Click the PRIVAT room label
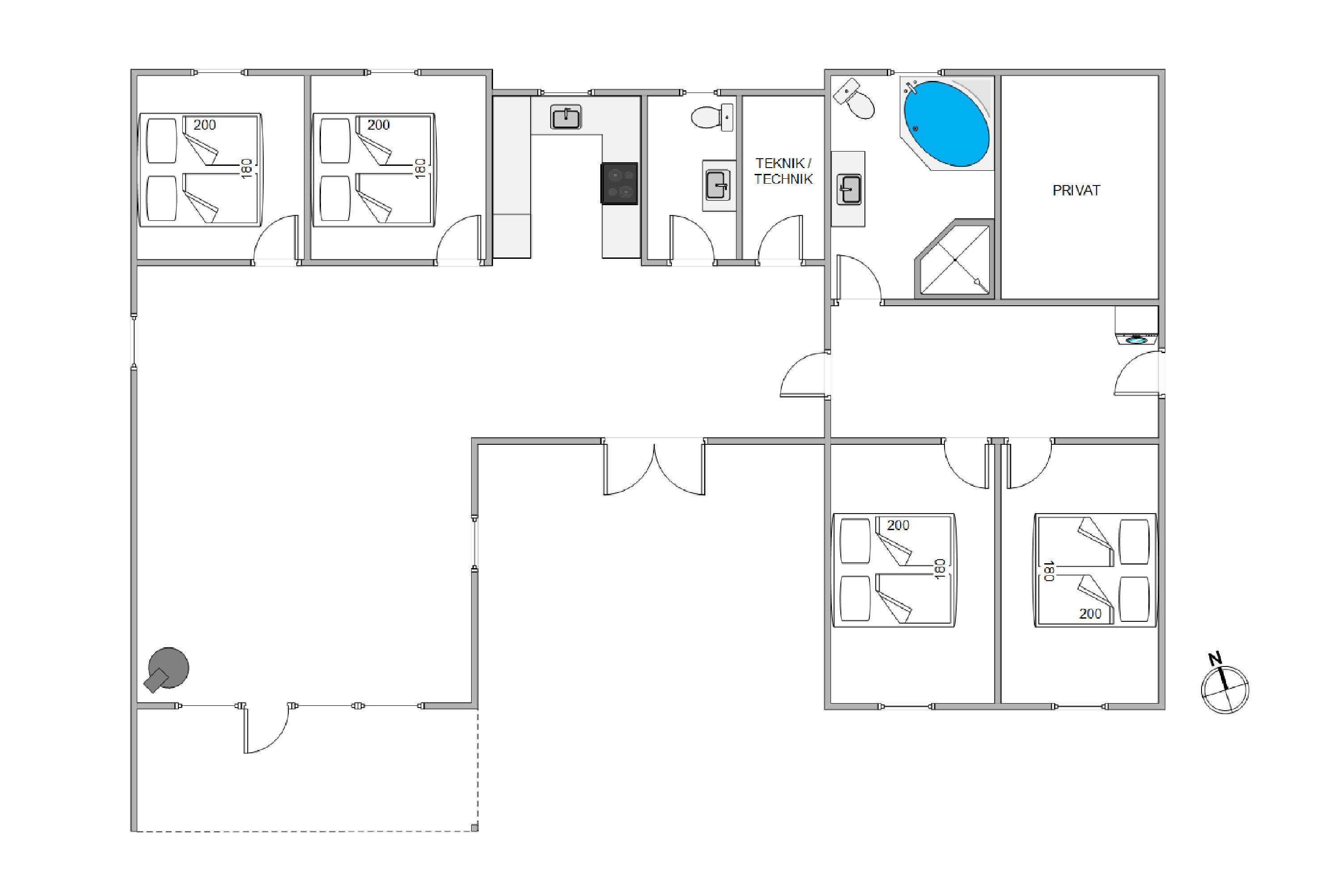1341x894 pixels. point(1076,190)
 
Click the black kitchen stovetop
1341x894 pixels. point(619,183)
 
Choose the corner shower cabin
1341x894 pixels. point(953,259)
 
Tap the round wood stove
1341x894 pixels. point(167,669)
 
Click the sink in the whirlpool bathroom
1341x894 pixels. point(848,189)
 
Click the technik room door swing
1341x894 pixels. point(780,240)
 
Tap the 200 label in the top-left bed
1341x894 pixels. point(205,125)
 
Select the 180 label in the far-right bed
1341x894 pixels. point(1048,571)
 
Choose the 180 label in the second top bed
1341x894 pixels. point(420,169)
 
